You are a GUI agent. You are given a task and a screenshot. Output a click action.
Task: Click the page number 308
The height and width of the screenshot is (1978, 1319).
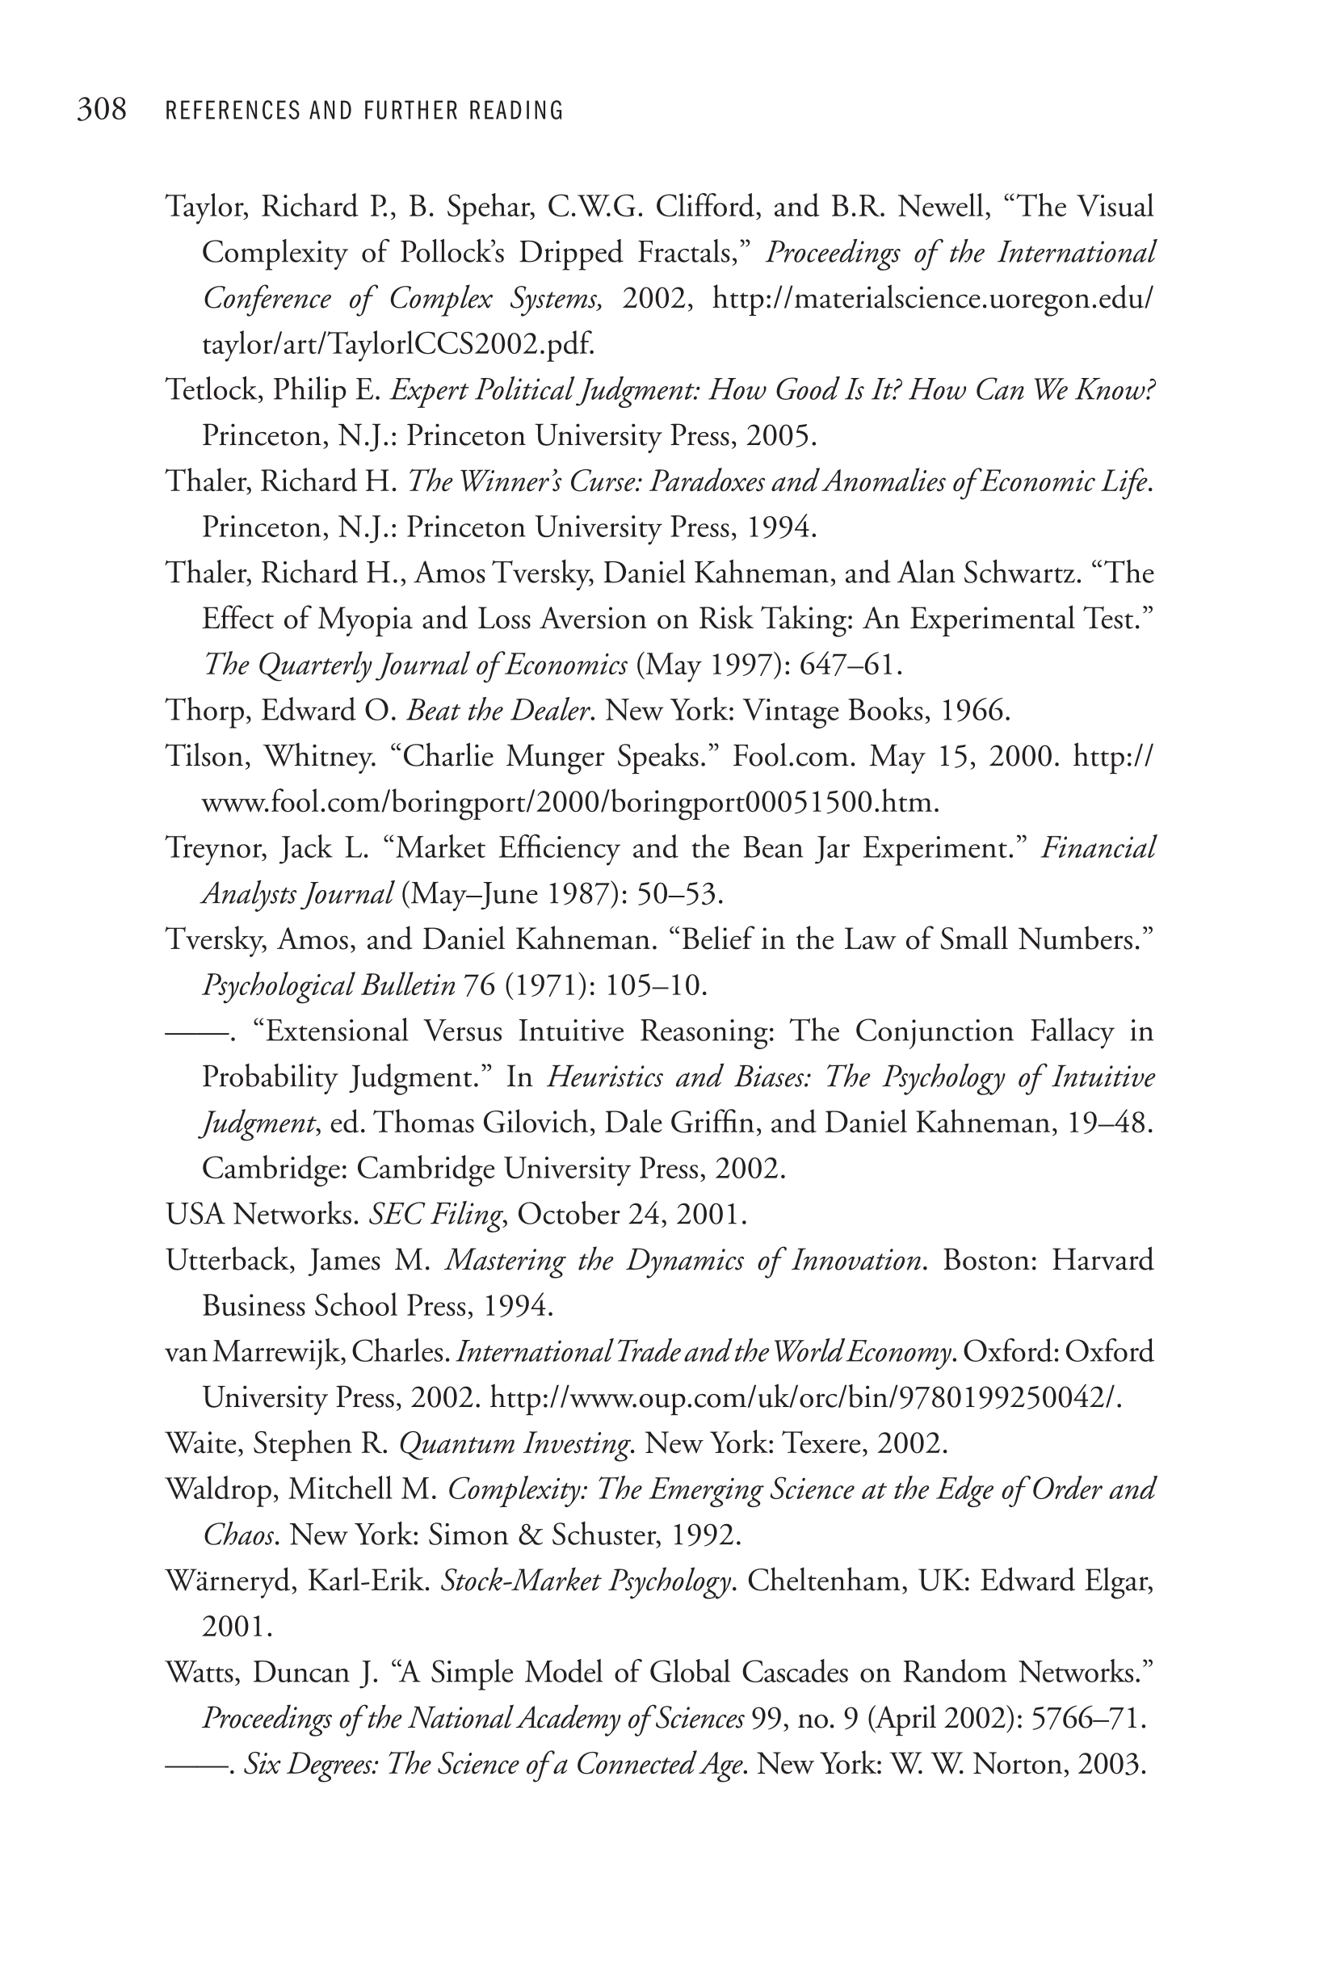tap(102, 110)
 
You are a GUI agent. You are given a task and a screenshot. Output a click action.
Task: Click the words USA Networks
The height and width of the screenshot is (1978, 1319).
tap(260, 1216)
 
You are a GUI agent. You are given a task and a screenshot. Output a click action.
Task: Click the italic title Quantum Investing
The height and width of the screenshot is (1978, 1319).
tap(513, 1444)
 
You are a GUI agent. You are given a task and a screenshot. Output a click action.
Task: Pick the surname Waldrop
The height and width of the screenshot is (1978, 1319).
tap(220, 1489)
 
